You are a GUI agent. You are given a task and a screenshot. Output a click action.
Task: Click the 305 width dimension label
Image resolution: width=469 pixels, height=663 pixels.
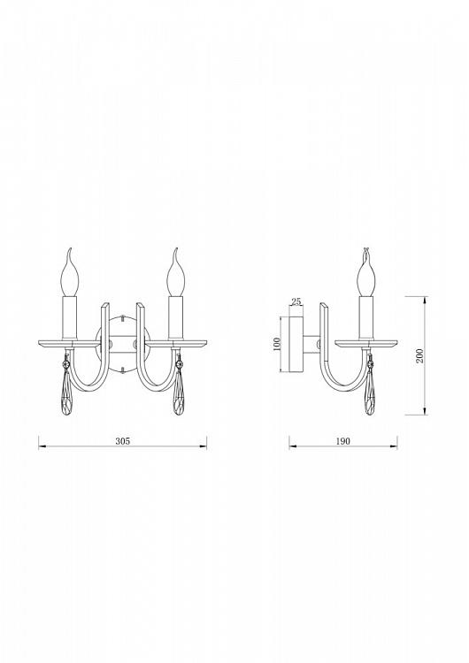[x=123, y=441]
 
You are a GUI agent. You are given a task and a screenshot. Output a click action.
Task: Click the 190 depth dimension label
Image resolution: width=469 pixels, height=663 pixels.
[x=343, y=441]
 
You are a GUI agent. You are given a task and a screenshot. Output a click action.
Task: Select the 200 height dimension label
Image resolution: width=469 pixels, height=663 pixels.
[x=419, y=356]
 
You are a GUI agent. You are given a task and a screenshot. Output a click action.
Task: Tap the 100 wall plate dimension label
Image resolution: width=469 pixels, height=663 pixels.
[x=277, y=344]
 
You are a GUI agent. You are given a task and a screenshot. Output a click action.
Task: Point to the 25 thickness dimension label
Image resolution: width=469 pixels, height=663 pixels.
[x=296, y=301]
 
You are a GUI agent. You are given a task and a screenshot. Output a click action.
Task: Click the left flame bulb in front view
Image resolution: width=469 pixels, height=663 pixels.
[x=71, y=272]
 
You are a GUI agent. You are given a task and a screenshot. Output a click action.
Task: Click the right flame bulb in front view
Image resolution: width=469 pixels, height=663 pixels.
[x=175, y=272]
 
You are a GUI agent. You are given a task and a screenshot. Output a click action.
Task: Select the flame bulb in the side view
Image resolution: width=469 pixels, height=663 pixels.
[x=366, y=272]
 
